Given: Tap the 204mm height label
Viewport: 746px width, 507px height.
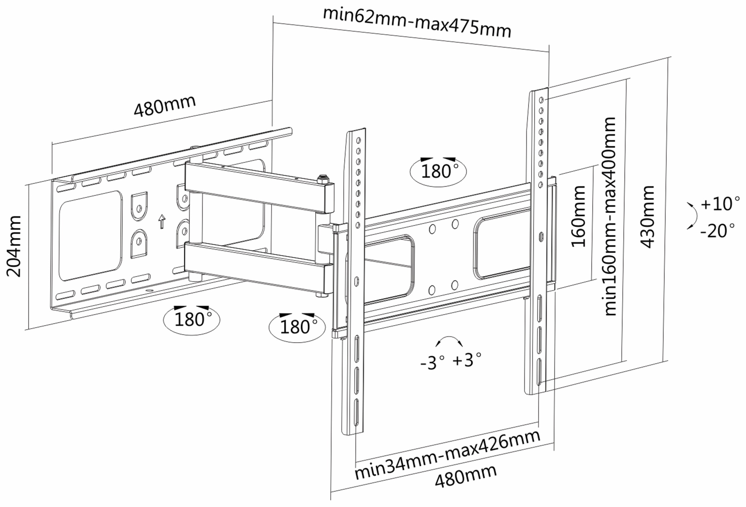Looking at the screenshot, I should coord(14,246).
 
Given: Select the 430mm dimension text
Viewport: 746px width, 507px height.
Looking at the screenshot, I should coord(648,217).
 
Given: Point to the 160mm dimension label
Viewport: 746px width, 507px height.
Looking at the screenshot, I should coord(578,216).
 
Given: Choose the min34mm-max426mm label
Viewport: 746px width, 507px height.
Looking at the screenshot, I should coord(447,455).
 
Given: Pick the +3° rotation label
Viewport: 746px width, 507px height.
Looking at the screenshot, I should coord(467,360).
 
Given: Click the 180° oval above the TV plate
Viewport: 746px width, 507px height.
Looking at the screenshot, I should coord(438,171).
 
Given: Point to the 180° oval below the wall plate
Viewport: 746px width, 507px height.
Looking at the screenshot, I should coord(192,319).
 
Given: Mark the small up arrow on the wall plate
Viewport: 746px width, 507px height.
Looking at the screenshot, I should coord(162,221).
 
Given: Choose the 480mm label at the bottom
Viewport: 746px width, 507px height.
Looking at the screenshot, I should coord(466,476).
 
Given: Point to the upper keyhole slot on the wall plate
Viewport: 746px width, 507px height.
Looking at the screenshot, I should coord(139,206).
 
